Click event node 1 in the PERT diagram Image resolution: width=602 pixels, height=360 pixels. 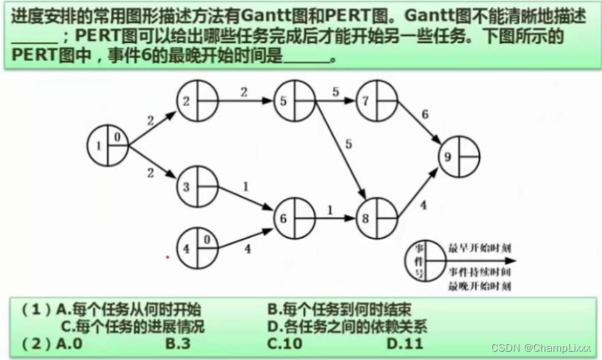(x=109, y=146)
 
